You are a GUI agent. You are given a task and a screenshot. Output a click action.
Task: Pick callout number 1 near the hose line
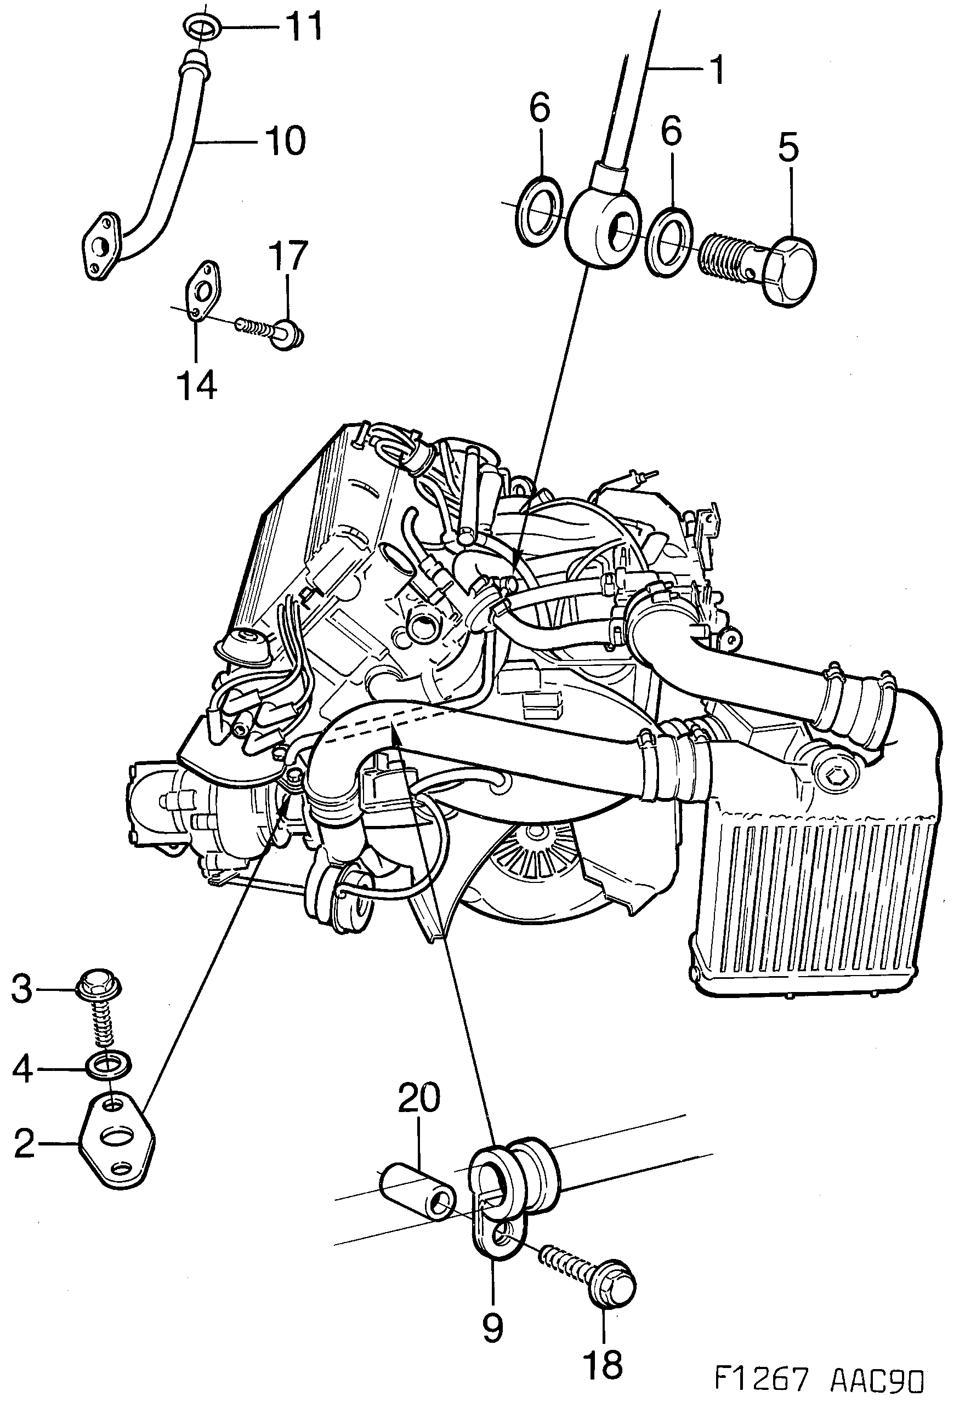coord(717,71)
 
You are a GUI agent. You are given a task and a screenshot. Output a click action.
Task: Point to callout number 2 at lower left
coord(24,1142)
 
